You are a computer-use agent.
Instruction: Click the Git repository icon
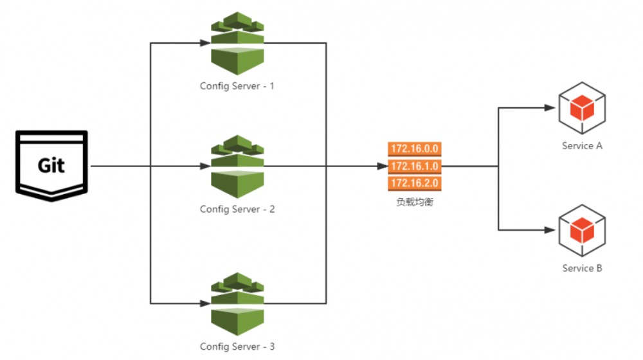click(x=51, y=166)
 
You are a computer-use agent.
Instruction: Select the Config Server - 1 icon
click(x=237, y=44)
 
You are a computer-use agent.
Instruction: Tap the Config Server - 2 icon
click(x=237, y=166)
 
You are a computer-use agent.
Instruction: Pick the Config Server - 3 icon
click(x=237, y=304)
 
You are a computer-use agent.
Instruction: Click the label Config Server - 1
click(x=237, y=87)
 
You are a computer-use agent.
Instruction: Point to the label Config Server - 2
click(x=237, y=210)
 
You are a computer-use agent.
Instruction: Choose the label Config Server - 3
click(x=237, y=347)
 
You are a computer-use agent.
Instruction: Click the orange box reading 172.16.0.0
click(x=415, y=149)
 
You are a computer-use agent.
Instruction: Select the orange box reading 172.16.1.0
click(x=415, y=166)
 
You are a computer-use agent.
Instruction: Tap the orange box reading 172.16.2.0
click(x=415, y=183)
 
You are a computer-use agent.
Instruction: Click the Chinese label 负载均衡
click(x=415, y=202)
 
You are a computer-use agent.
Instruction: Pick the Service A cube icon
click(x=582, y=108)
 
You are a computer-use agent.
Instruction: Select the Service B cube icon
click(x=582, y=230)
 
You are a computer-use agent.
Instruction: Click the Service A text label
click(x=582, y=146)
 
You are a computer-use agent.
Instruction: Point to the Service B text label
click(x=582, y=269)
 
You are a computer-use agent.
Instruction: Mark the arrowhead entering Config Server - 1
click(x=205, y=43)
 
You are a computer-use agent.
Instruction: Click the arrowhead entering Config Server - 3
click(x=205, y=304)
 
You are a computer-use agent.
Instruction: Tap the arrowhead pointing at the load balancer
click(x=382, y=166)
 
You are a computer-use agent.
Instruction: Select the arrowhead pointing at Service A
click(x=550, y=108)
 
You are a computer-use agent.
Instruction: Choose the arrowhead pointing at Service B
click(x=550, y=230)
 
